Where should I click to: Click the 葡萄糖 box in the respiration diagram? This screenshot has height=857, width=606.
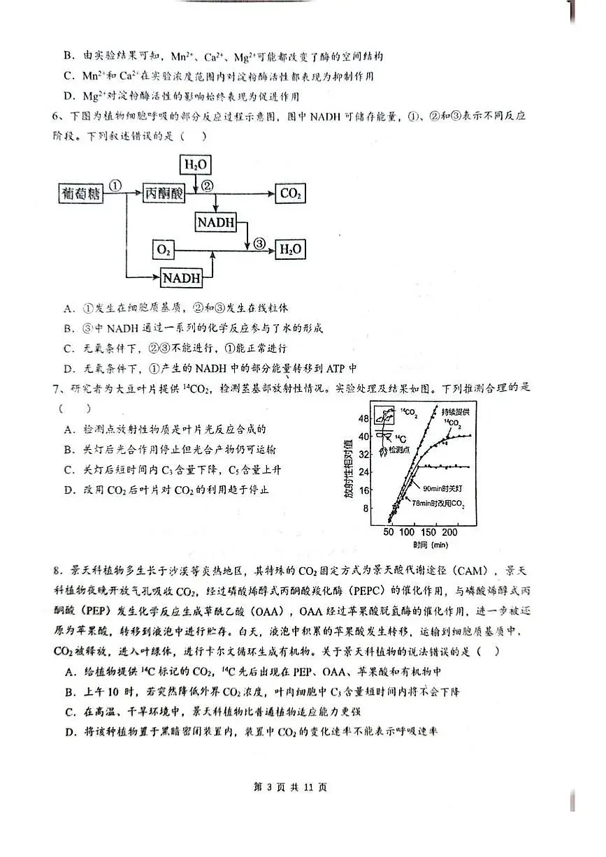80,194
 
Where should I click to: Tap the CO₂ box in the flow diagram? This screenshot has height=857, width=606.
290,194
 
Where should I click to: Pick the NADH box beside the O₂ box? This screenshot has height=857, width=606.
182,277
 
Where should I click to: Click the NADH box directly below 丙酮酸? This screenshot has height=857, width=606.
217,223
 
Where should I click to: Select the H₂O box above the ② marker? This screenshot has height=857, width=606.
195,165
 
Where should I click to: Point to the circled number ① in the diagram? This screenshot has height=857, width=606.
116,186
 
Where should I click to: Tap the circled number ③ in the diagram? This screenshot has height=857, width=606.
259,243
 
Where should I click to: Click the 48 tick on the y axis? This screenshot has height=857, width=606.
363,418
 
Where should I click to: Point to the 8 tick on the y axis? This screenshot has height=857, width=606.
365,508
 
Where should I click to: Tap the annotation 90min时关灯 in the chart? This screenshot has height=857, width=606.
440,490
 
